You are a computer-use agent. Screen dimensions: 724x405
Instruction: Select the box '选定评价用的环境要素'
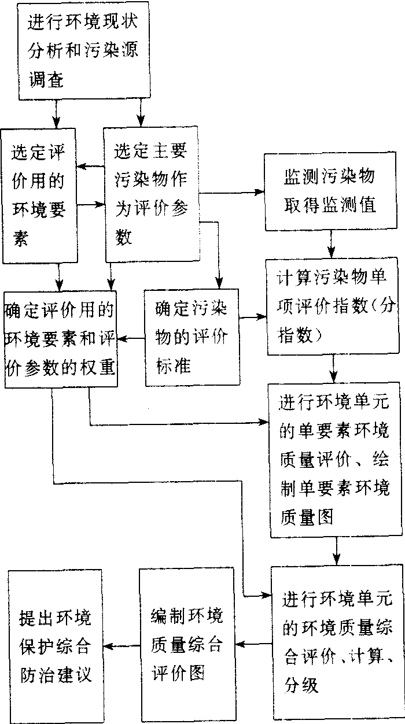click(x=39, y=195)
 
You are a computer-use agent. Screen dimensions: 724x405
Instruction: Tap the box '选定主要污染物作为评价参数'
click(x=151, y=195)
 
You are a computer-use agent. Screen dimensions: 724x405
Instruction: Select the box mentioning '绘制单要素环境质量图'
click(x=334, y=451)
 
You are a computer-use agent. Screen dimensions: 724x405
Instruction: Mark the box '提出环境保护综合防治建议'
click(x=55, y=645)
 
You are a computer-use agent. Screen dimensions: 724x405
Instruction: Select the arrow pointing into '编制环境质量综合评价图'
click(x=252, y=643)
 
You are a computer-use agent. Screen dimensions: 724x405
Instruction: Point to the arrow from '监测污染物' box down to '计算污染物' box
click(x=331, y=243)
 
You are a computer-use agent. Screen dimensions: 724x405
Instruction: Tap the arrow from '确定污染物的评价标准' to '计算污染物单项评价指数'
click(x=253, y=317)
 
